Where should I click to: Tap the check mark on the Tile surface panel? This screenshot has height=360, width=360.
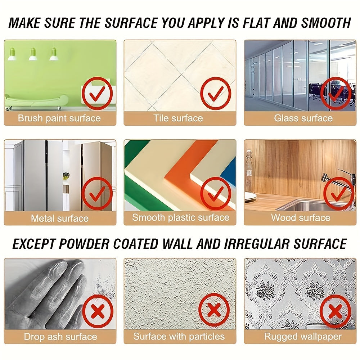(215, 93)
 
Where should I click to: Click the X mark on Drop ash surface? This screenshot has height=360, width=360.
(98, 311)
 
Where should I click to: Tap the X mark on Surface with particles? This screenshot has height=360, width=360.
(214, 310)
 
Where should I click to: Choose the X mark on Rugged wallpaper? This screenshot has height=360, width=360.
(335, 311)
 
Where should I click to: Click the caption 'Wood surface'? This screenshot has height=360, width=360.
(301, 217)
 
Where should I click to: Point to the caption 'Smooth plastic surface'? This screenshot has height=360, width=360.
(180, 217)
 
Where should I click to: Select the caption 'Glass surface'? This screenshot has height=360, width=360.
(303, 118)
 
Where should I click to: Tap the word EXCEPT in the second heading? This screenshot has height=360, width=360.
(36, 244)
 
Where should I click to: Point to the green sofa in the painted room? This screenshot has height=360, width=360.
(36, 102)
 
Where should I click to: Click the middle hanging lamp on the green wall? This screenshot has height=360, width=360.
(33, 54)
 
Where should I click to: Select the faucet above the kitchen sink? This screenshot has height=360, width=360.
(335, 180)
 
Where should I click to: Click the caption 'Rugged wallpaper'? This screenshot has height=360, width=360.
(303, 337)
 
